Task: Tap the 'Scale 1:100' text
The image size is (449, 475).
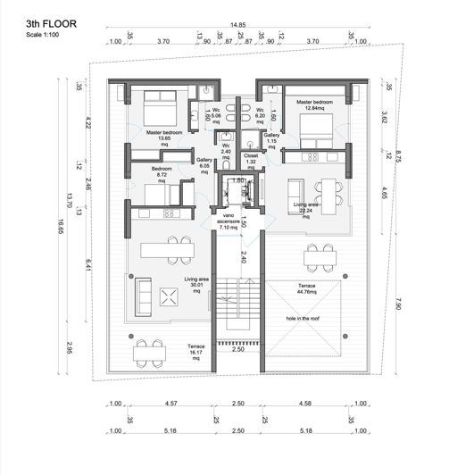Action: [x=46, y=36]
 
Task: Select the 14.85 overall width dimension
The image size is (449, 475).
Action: [x=237, y=25]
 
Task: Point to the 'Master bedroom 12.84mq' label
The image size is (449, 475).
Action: [x=314, y=106]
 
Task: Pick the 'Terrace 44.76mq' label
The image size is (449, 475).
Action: [x=306, y=287]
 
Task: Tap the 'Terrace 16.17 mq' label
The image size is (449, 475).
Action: [x=195, y=349]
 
